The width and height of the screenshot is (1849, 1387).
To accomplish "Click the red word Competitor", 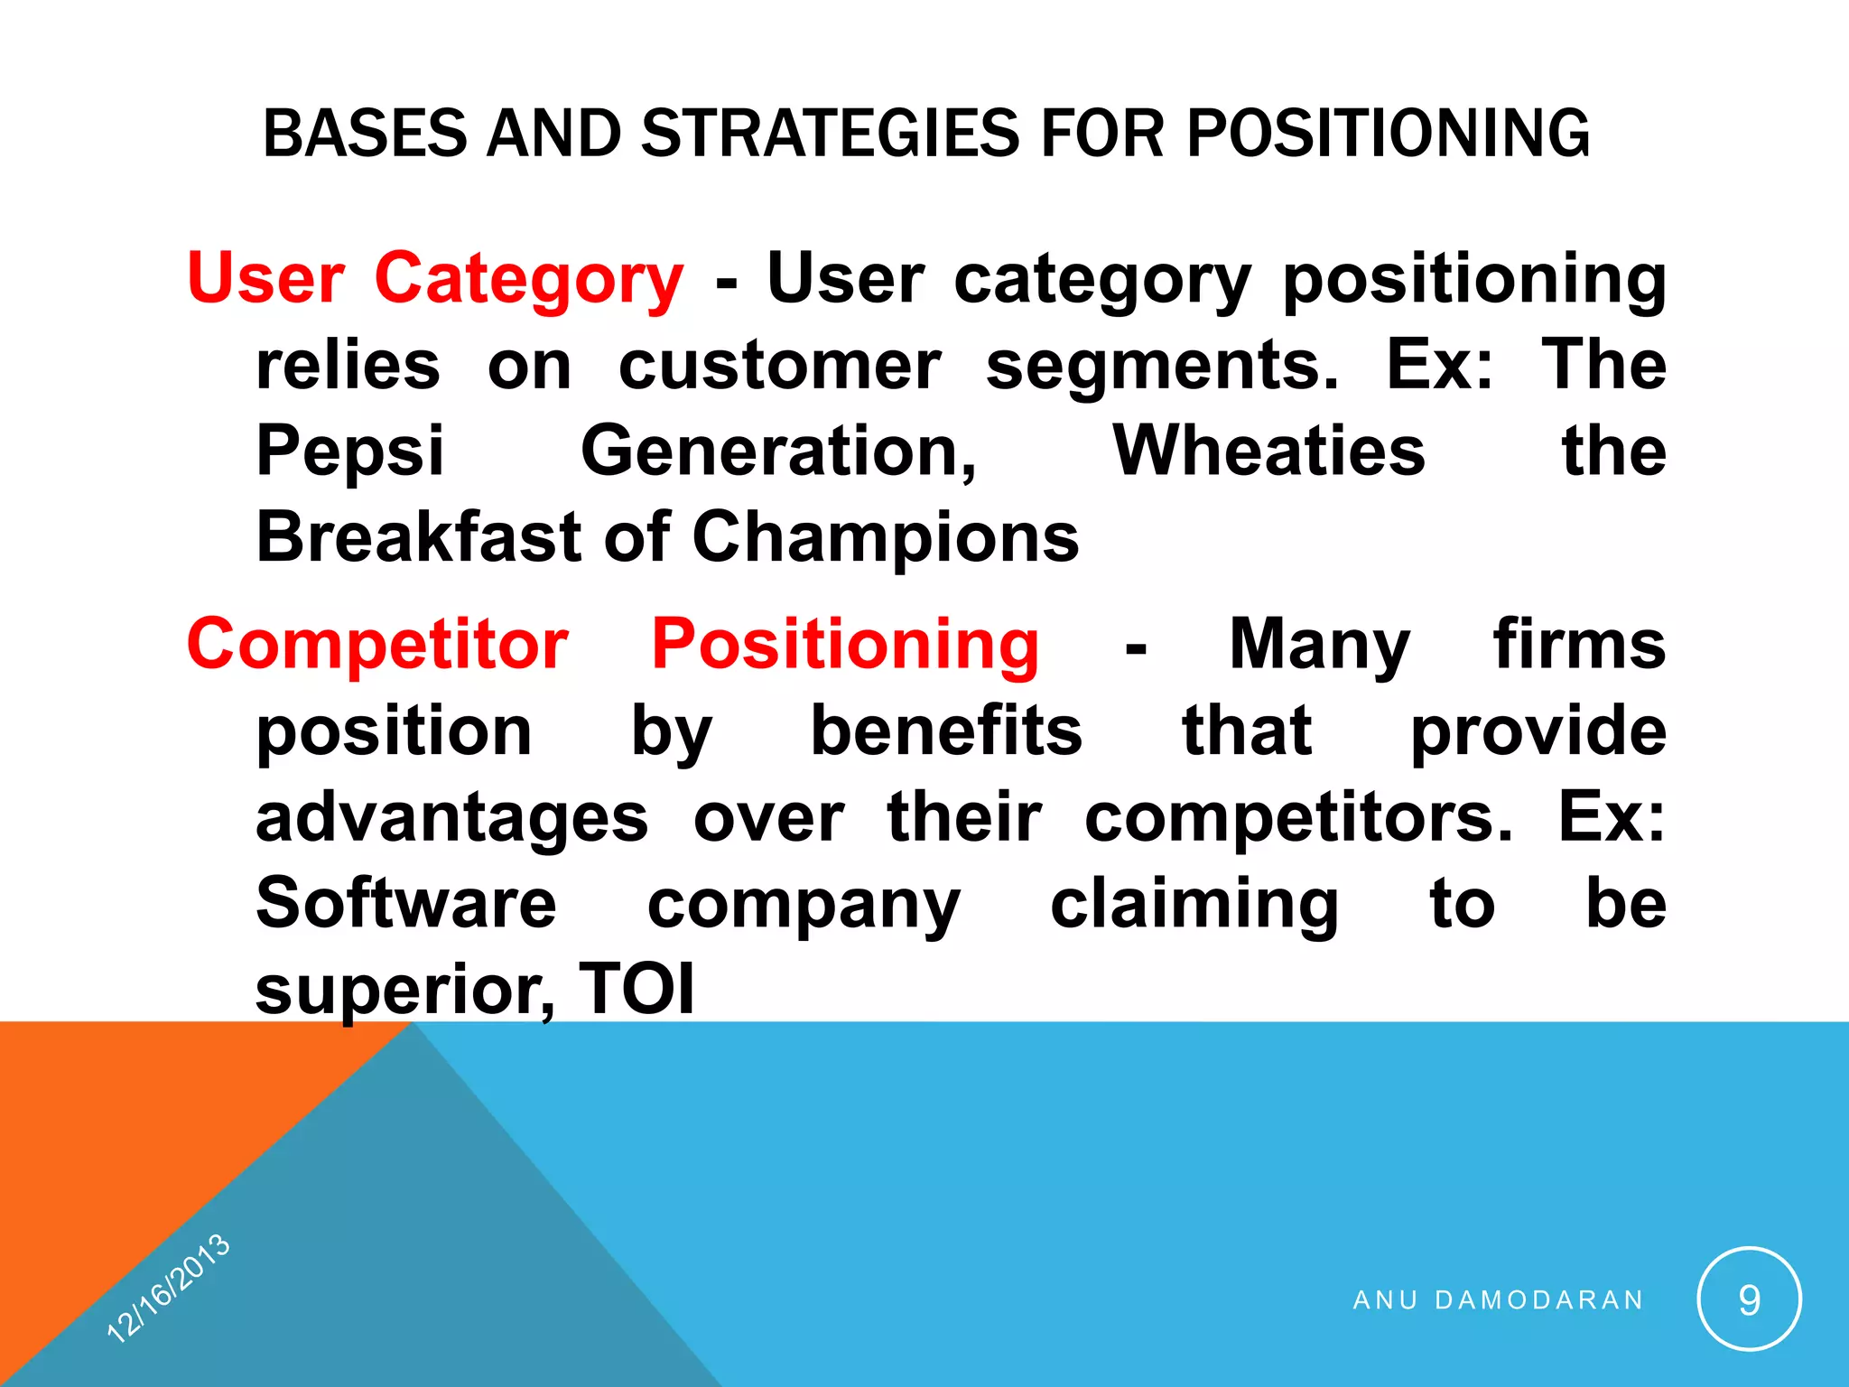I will tap(377, 645).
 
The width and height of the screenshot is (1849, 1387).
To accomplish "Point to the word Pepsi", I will tap(349, 451).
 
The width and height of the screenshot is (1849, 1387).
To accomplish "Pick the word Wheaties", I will tap(1268, 451).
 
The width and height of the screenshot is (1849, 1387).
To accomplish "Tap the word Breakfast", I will tap(418, 536).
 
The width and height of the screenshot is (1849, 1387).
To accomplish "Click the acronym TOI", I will tap(636, 989).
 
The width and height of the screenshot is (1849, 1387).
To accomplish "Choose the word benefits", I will tap(946, 731).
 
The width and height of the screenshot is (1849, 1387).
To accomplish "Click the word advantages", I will tap(451, 818).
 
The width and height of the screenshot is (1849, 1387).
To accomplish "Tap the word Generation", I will tap(778, 451).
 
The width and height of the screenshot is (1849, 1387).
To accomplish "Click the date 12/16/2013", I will tap(169, 1287).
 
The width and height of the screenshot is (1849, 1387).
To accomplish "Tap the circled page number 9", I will tap(1749, 1299).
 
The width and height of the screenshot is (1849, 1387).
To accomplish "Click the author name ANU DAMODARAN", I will tap(1499, 1299).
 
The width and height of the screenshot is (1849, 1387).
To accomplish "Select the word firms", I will tap(1579, 645).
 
